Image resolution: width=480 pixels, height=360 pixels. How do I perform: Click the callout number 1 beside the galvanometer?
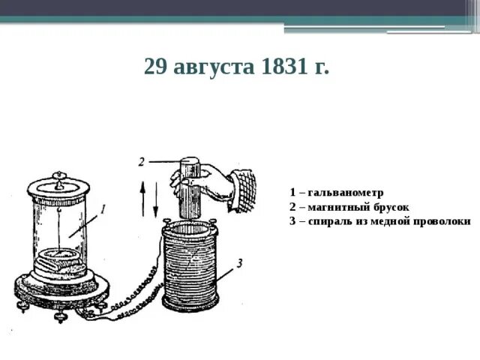pos(103,208)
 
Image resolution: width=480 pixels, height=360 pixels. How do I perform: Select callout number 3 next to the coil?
pos(238,262)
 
